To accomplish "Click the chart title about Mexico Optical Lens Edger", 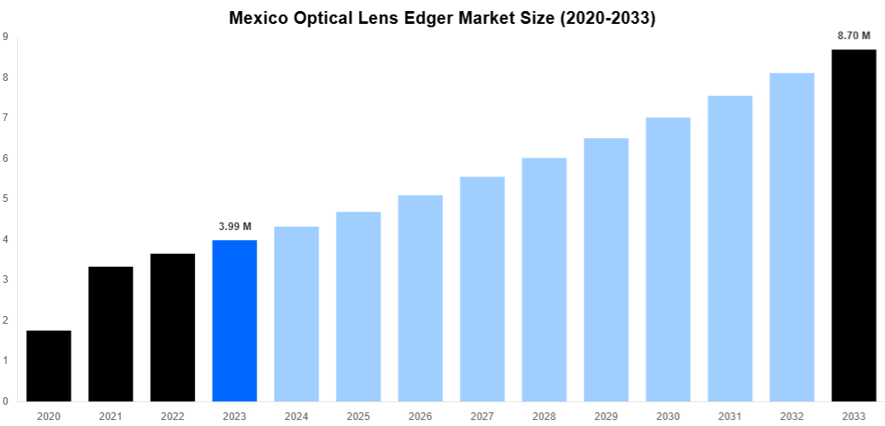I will coord(442,19).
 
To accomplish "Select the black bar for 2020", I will coord(49,366).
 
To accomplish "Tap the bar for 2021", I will coord(111,334).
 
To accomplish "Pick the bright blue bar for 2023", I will coord(234,320).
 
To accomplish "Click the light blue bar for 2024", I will coord(296,314).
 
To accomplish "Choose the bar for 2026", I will coord(420,298).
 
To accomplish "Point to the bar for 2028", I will coord(544,279).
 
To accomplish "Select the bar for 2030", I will coord(668,259).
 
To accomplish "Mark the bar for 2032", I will coord(791,237).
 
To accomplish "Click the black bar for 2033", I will coord(854,225).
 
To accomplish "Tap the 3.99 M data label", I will coord(234,227).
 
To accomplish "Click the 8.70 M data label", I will coord(854,36).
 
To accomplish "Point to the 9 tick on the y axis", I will coord(6,37).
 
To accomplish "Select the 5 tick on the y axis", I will coord(6,199).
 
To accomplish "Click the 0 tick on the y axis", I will coord(6,401).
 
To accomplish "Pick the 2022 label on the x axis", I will coord(173,415).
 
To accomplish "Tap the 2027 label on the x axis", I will coord(482,415).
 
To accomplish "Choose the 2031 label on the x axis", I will coord(729,415).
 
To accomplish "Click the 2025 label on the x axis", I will coord(358,415).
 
